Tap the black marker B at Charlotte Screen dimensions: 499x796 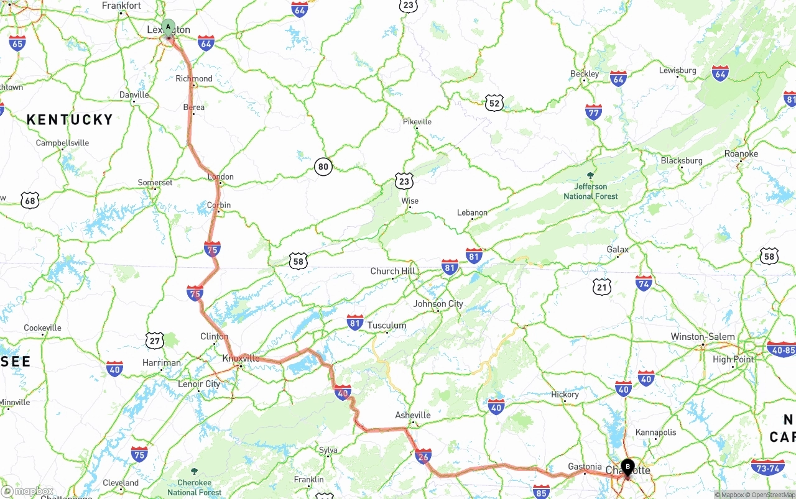627,466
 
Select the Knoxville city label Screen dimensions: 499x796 241,359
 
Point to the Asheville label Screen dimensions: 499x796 413,415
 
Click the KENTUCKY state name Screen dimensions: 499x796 70,120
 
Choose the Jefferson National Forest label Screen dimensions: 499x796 591,191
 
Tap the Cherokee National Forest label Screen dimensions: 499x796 194,487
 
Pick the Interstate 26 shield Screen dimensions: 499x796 423,456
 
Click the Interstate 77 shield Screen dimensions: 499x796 593,112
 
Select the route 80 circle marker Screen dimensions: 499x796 323,167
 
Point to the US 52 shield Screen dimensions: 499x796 494,104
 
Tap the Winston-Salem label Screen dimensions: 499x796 702,337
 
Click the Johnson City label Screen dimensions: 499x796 438,304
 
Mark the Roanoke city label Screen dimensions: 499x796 741,153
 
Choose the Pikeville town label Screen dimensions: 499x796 417,122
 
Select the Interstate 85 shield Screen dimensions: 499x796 541,491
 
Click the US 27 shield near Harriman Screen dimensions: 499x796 155,340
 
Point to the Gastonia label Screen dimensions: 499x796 585,467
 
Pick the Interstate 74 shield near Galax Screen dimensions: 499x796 644,283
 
